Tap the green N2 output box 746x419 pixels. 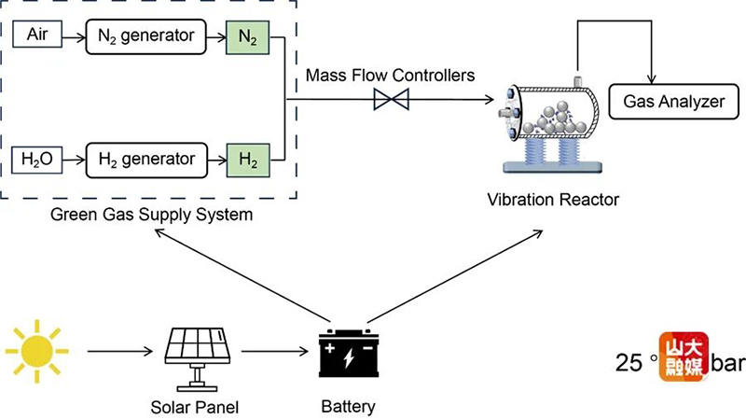tap(247, 37)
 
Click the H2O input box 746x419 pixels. tap(35, 160)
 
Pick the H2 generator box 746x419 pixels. tap(145, 160)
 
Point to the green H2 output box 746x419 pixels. tap(247, 160)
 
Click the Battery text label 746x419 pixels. tap(348, 406)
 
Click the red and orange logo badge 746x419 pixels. tap(684, 356)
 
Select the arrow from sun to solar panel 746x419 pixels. tap(119, 353)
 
